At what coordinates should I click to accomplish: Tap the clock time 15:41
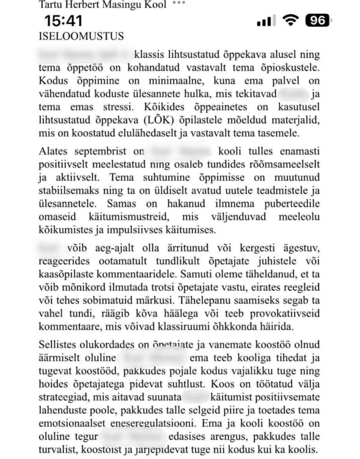pos(63,21)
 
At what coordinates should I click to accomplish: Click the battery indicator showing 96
pos(317,21)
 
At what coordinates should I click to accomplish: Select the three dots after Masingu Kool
pos(178,3)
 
